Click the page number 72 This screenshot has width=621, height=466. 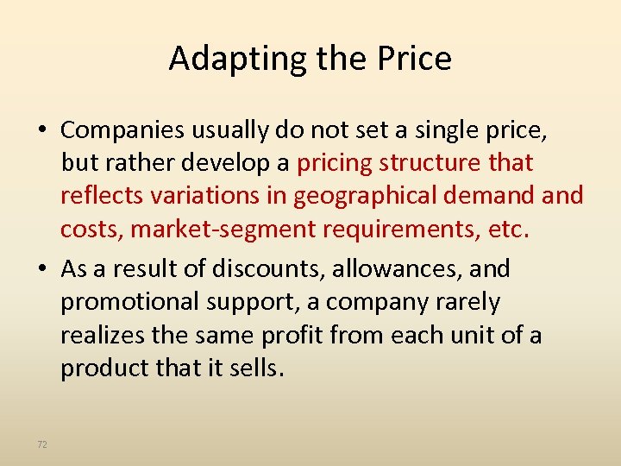(42, 444)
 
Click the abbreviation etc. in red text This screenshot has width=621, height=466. (508, 230)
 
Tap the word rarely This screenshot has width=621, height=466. (467, 303)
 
